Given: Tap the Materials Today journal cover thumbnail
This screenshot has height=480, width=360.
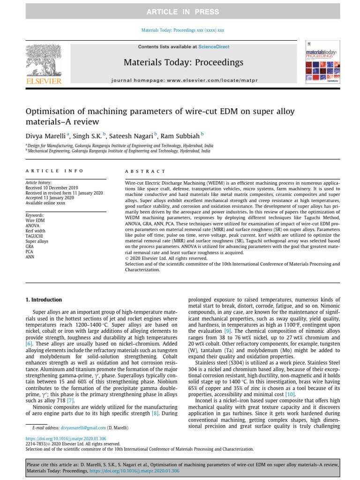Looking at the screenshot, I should [x=319, y=63].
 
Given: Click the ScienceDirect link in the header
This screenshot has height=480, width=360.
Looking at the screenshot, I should [x=213, y=47].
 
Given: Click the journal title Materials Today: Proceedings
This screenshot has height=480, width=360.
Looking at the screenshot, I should [x=183, y=62].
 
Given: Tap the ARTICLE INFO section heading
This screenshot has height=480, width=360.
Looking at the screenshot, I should [x=54, y=172].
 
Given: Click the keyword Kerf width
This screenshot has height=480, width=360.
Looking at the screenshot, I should [x=35, y=231].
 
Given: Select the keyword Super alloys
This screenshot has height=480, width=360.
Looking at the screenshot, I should [x=37, y=241].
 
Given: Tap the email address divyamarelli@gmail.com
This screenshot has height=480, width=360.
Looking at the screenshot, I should [x=85, y=428].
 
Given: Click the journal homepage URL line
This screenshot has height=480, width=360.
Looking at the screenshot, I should [x=183, y=80].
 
